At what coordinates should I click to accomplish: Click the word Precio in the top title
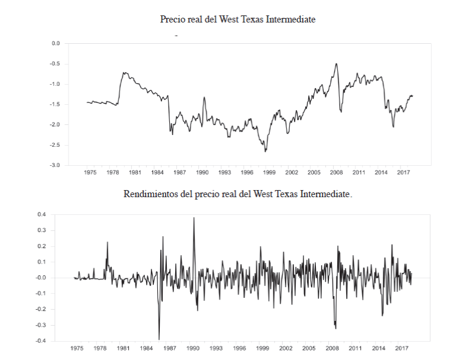tap(172, 20)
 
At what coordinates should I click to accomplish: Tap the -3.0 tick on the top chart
tap(56, 165)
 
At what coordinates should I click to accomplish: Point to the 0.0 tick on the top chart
tap(56, 43)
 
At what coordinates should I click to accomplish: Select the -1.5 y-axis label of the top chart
tap(56, 104)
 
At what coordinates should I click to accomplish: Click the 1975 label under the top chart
tap(90, 172)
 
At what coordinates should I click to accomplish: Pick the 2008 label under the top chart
tap(336, 172)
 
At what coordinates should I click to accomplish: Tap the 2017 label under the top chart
tap(403, 172)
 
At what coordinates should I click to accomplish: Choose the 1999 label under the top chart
tap(269, 172)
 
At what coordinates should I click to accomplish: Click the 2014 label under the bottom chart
tap(378, 348)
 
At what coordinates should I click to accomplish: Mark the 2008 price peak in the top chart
tap(337, 64)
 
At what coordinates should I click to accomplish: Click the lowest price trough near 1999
tap(266, 152)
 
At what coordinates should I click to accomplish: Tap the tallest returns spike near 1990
tap(193, 218)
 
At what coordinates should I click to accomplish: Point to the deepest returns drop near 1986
tap(159, 339)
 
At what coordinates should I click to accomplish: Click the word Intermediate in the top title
tap(291, 20)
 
